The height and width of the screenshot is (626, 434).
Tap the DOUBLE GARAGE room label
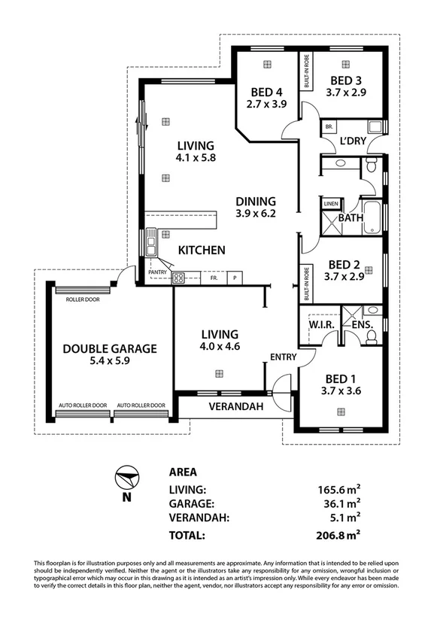tap(110, 348)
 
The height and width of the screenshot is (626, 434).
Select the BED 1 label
tap(341, 379)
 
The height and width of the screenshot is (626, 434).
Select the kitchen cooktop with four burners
tap(179, 278)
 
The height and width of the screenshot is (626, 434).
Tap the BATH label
tap(351, 218)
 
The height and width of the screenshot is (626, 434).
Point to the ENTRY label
tap(284, 357)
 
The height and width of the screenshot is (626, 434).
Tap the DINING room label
tap(256, 202)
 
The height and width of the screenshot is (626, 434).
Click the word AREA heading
tap(183, 473)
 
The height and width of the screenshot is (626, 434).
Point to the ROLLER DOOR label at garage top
tap(83, 299)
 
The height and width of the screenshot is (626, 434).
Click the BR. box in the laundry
tap(329, 126)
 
